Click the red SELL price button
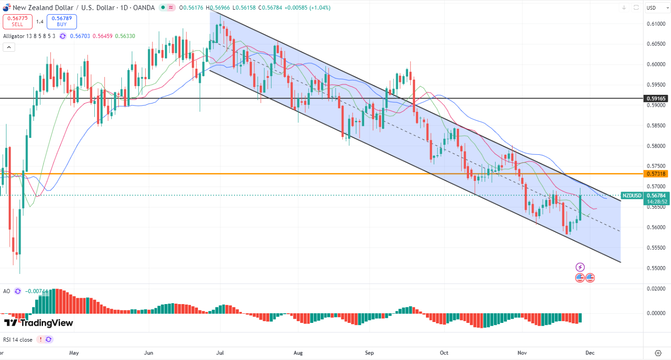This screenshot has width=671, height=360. tap(18, 22)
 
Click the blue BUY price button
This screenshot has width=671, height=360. tap(61, 22)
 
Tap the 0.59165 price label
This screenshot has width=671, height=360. tap(656, 98)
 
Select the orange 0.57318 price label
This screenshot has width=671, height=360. tap(656, 174)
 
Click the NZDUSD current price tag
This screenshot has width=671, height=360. tap(632, 196)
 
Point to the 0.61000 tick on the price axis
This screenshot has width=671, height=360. tap(656, 24)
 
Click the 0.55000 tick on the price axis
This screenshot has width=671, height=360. tap(656, 268)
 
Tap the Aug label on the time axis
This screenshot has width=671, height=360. tap(298, 353)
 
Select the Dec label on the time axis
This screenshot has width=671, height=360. tap(590, 353)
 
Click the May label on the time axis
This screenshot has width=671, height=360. tap(74, 353)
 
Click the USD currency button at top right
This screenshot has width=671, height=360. tap(651, 8)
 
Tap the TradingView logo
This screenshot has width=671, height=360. tap(38, 323)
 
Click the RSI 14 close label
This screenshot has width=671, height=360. tap(18, 340)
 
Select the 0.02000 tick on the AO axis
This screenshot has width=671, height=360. tap(656, 289)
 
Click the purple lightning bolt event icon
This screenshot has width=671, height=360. tap(580, 267)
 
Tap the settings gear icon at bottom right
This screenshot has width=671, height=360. tap(658, 353)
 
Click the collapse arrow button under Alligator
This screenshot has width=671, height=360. tap(9, 47)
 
